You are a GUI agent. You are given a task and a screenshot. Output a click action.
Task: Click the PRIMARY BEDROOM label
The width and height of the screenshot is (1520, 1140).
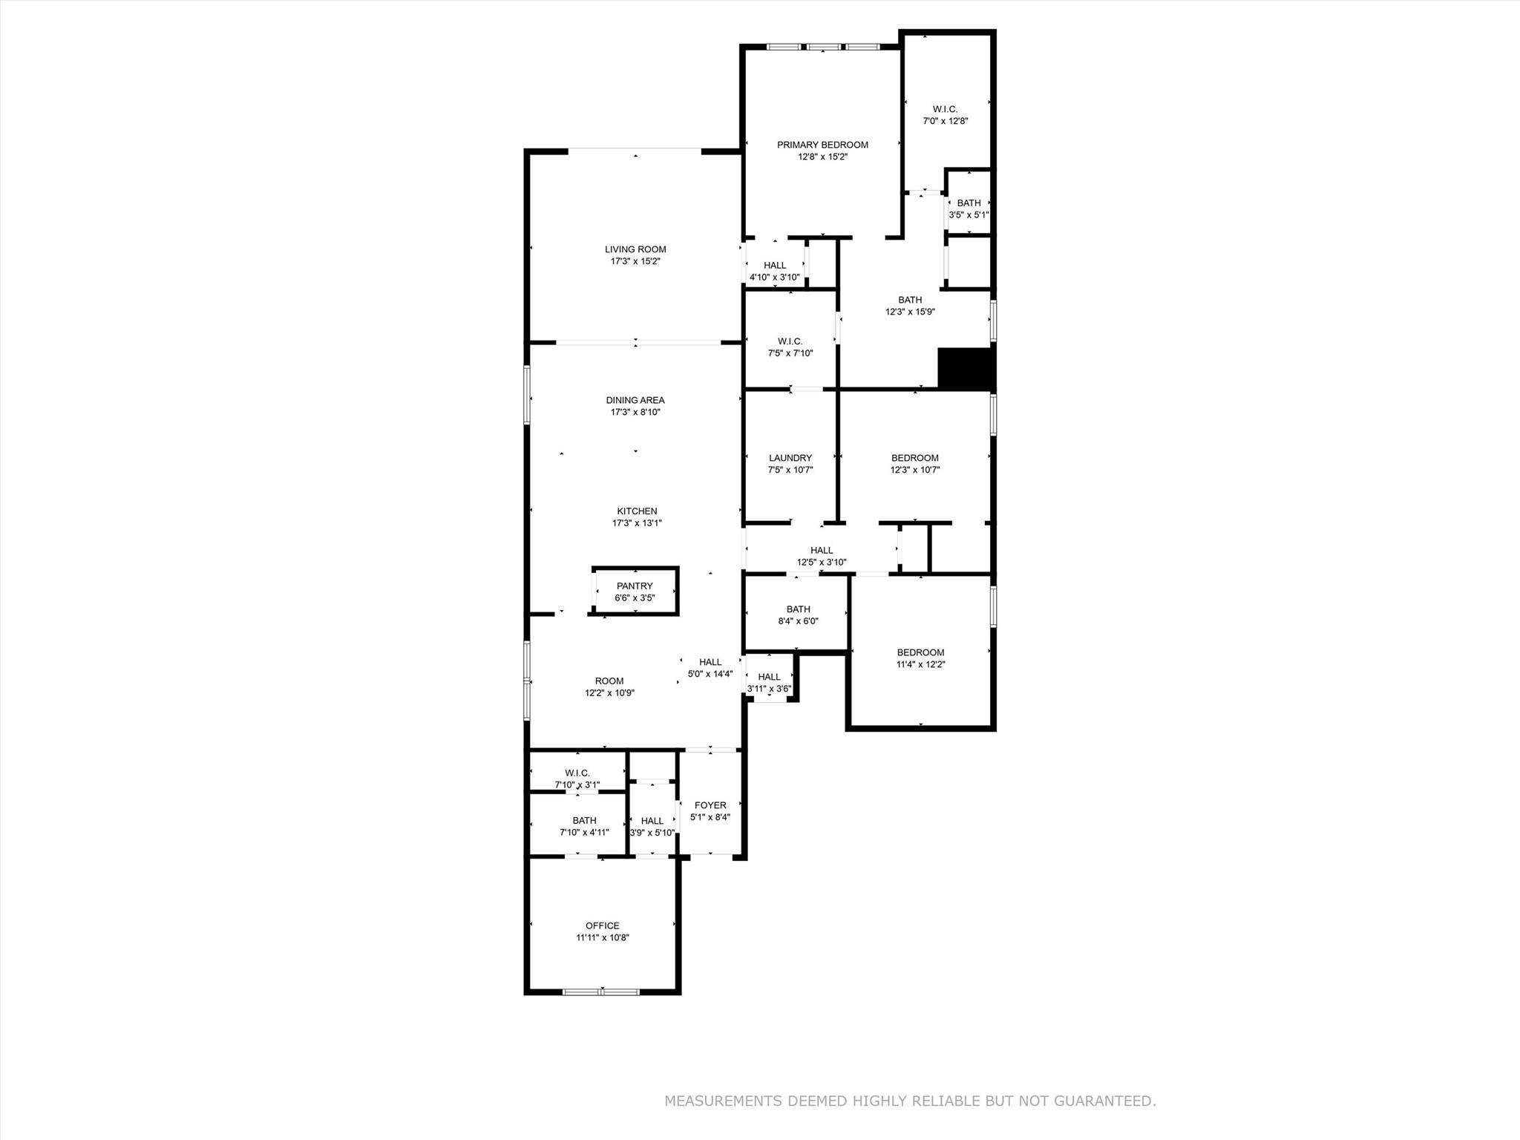pos(822,145)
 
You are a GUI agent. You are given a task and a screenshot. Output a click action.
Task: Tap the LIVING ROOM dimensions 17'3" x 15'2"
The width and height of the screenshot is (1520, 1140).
pos(635,261)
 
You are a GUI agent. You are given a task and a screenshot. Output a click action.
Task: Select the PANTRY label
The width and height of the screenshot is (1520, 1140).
pos(635,586)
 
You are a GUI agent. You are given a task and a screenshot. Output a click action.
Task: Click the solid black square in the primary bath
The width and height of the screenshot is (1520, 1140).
pos(966,368)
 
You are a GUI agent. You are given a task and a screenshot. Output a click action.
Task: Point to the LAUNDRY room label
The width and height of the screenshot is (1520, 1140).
pos(790,458)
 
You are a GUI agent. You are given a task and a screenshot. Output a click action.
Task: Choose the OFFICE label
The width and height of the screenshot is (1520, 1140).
pos(602,926)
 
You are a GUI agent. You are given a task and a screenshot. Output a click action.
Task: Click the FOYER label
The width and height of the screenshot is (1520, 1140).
pos(710,805)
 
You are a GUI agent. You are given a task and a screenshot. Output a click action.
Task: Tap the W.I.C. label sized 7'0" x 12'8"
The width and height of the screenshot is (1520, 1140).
pos(945,109)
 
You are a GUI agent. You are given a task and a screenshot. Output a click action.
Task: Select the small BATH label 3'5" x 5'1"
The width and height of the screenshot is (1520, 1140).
pos(969,203)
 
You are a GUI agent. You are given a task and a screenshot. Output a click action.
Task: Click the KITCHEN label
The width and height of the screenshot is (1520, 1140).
pos(637,511)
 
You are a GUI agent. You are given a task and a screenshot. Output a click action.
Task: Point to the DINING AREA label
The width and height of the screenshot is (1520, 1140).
pos(635,400)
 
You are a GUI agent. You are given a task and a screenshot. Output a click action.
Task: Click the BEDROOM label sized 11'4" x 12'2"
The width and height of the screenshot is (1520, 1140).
pos(920,652)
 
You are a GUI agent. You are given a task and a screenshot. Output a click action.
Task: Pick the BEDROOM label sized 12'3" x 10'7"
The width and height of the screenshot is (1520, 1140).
pos(915,458)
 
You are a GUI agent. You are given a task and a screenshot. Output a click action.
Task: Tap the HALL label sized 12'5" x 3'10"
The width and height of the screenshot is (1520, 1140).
pos(822,550)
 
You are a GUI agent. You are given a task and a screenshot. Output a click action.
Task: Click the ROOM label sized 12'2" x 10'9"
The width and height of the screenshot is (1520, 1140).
pos(609,681)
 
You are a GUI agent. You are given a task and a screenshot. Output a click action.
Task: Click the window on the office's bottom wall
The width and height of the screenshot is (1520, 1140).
pos(601,991)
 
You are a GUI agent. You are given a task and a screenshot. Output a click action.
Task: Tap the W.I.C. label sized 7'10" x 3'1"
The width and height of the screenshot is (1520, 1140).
pos(577,773)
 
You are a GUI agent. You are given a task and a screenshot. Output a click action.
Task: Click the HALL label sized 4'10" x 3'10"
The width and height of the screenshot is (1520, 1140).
pos(775,265)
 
